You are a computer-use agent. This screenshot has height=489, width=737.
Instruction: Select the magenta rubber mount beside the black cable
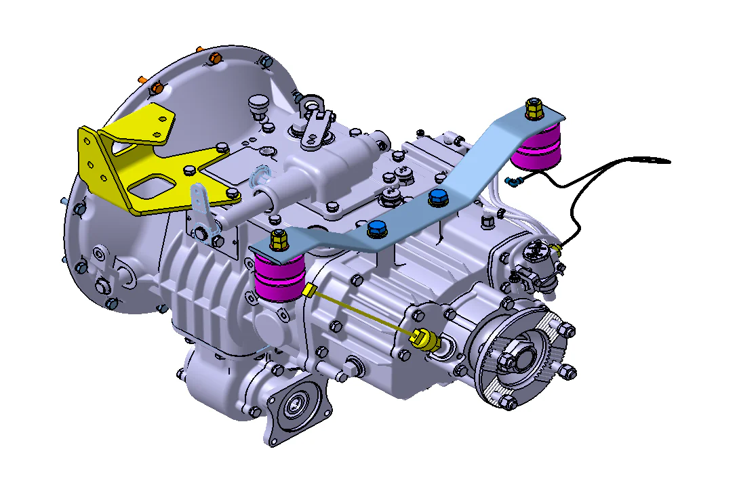tap(536, 150)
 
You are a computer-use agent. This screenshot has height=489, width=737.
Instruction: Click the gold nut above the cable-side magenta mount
tap(534, 108)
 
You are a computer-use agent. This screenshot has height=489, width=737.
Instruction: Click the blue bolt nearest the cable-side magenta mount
tap(438, 197)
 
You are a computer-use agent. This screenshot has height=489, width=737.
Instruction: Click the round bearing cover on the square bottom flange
tap(296, 406)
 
